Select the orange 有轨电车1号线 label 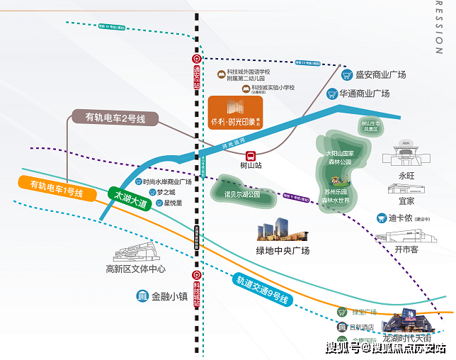[x=57, y=189]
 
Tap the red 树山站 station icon [x=251, y=155]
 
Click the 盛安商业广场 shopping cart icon [x=347, y=74]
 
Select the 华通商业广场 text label [x=364, y=94]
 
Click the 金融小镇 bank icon [x=142, y=296]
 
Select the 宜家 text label [x=406, y=201]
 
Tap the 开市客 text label [x=406, y=250]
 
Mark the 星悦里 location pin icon [x=158, y=203]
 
